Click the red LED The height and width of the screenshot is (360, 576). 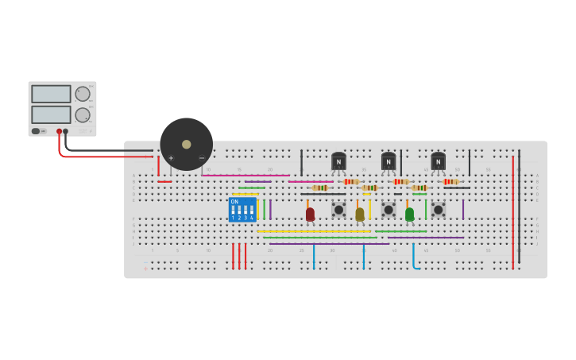310,214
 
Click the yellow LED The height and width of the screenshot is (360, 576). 360,214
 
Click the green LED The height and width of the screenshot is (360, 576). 409,214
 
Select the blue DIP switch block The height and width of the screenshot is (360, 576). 242,210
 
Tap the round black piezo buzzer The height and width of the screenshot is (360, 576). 187,144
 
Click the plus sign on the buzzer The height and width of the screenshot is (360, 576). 171,158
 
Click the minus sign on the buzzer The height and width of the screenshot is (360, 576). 202,158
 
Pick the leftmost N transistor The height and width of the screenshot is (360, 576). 338,161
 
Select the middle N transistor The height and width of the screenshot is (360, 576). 389,161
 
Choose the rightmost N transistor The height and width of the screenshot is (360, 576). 438,161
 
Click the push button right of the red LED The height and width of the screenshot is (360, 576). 338,210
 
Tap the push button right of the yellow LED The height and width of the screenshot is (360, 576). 389,210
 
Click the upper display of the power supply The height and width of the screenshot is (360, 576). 51,94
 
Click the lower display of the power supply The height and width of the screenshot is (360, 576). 51,114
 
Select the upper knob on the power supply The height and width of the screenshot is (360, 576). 83,94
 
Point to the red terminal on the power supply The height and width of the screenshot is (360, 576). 59,131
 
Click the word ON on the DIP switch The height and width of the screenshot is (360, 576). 234,202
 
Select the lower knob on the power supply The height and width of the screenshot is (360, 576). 83,114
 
